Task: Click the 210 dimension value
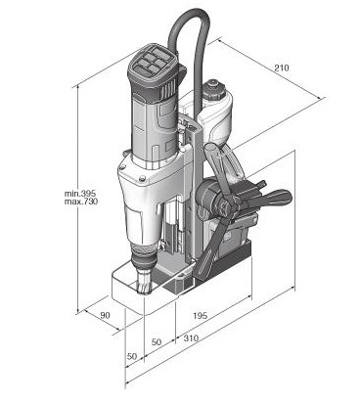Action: (281, 67)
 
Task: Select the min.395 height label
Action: (81, 194)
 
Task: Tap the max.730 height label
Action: (81, 202)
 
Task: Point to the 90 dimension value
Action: (105, 315)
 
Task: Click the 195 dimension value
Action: (200, 316)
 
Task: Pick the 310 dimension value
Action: (191, 337)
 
